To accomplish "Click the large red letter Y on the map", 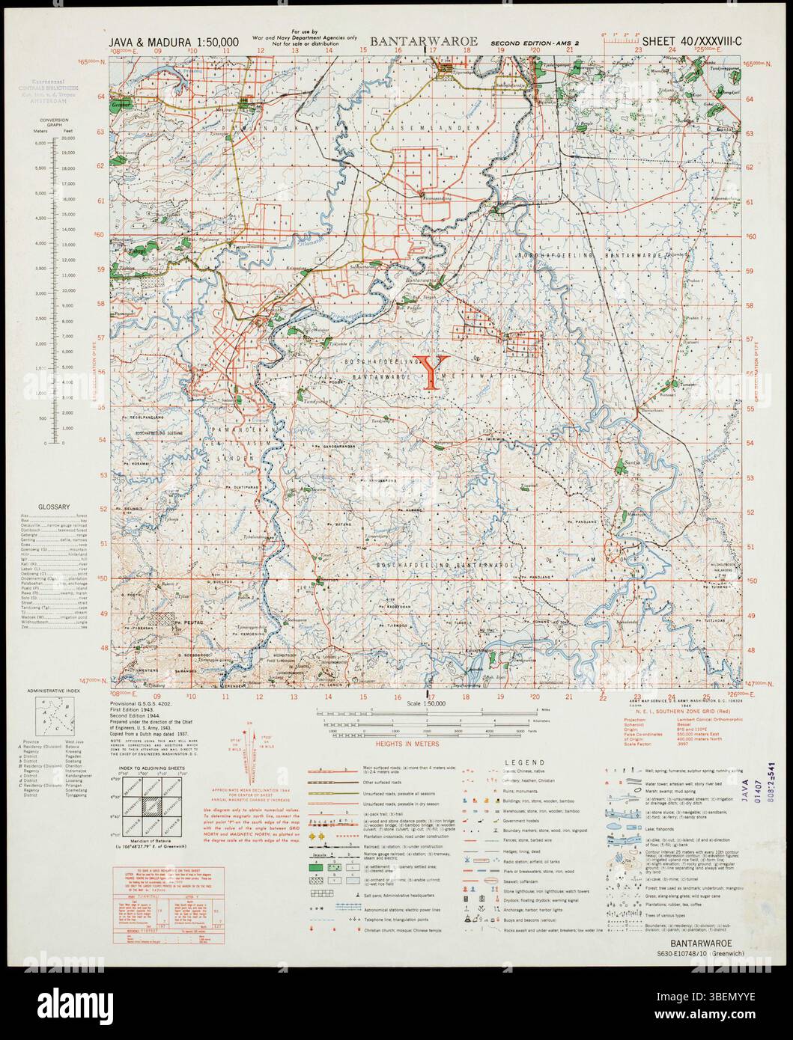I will (x=432, y=372).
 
